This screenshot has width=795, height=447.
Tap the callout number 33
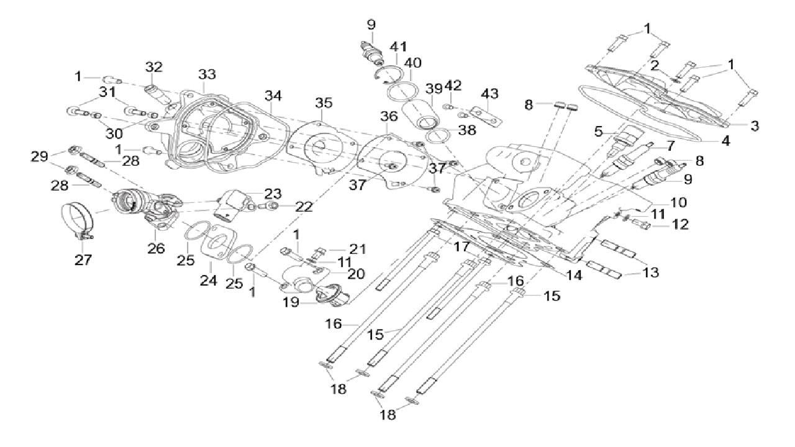(x=207, y=74)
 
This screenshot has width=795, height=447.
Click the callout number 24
(x=208, y=281)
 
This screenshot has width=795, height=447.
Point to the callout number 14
(x=575, y=275)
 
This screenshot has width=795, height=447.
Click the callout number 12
(x=681, y=224)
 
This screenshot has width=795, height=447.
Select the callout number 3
(x=754, y=126)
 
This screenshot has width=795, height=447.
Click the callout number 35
(x=324, y=102)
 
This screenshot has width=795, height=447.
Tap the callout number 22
(x=304, y=207)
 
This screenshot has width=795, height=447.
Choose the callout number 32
(x=153, y=67)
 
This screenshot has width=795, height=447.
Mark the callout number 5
(x=599, y=131)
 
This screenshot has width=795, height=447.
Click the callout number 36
(x=389, y=116)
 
